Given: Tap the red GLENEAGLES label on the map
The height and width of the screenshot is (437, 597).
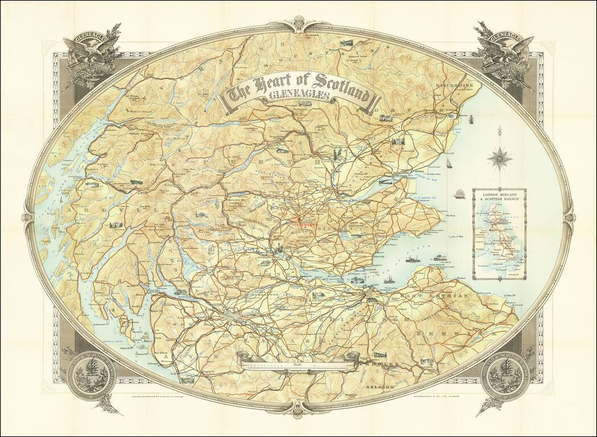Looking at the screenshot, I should pyautogui.click(x=303, y=224).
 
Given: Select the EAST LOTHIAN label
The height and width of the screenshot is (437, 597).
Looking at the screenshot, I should pyautogui.click(x=435, y=296).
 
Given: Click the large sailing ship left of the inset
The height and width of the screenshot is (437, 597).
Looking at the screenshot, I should pyautogui.click(x=459, y=191).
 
